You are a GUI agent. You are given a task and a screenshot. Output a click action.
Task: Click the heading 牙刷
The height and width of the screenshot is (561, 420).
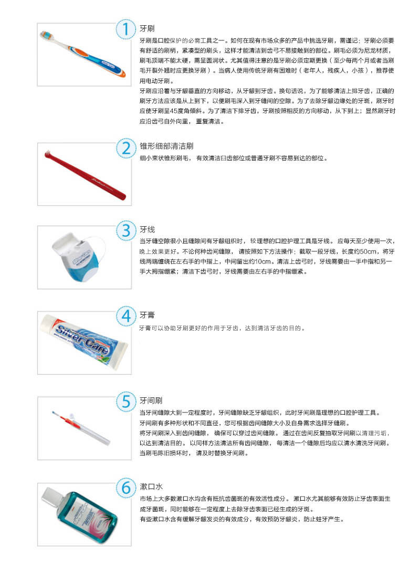coord(146,28)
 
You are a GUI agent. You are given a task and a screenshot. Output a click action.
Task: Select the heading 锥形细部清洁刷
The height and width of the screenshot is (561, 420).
coord(163,146)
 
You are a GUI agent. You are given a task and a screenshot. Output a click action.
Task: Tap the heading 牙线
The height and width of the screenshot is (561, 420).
coord(146,229)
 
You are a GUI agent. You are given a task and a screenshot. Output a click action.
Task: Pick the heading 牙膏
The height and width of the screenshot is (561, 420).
coord(146,315)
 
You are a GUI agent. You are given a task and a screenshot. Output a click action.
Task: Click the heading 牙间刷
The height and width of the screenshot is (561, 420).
coord(150,400)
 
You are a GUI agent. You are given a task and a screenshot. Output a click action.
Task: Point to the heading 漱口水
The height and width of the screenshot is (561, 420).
coord(150,486)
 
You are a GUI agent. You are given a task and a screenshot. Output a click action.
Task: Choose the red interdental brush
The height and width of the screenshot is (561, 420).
coord(66,420)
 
